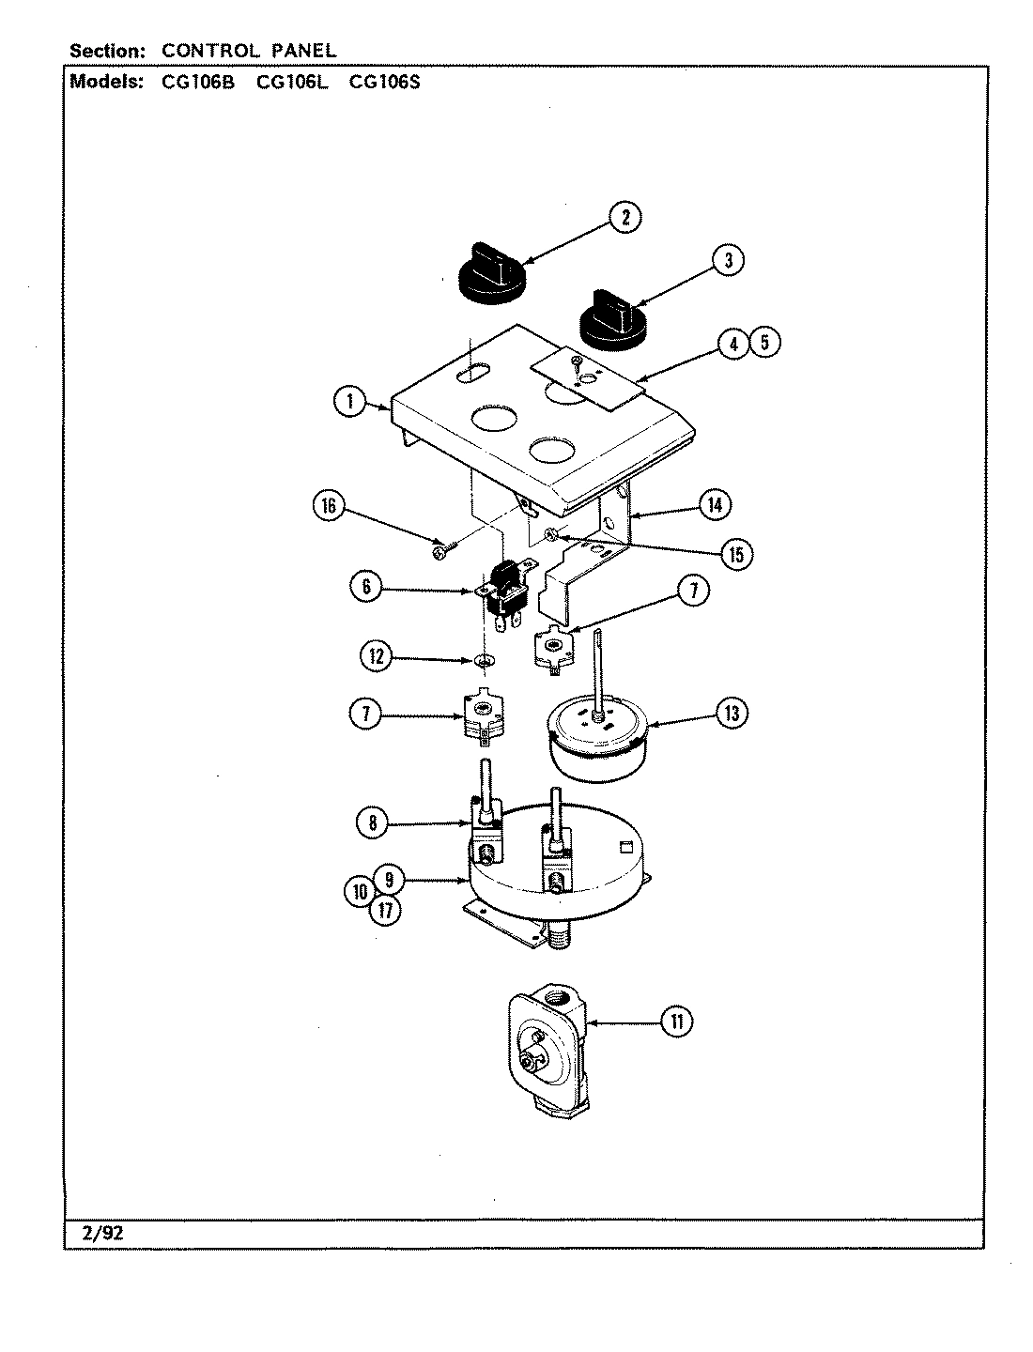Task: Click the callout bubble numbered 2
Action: pyautogui.click(x=624, y=217)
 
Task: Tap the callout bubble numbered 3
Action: pyautogui.click(x=727, y=260)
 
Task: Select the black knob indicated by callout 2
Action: pyautogui.click(x=490, y=268)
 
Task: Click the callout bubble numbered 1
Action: pyautogui.click(x=349, y=402)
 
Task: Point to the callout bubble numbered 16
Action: pyautogui.click(x=329, y=506)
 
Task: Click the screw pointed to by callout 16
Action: pyautogui.click(x=441, y=552)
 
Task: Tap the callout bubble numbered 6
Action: pyautogui.click(x=365, y=587)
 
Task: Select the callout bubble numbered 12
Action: pyautogui.click(x=377, y=656)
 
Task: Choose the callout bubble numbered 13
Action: pyautogui.click(x=731, y=714)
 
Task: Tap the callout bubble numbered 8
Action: pyautogui.click(x=373, y=823)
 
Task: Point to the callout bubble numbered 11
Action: pyautogui.click(x=675, y=1021)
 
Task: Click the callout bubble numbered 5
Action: pyautogui.click(x=765, y=343)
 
